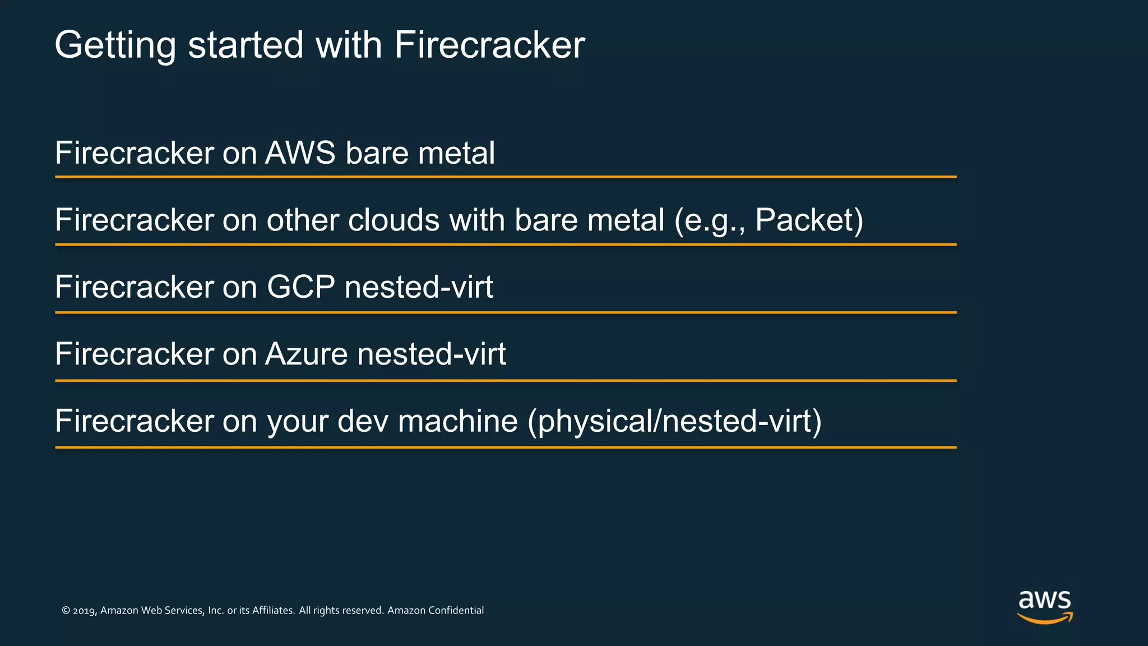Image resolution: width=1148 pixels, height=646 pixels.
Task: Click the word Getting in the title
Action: pos(115,45)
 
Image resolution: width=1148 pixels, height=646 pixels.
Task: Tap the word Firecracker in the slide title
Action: pos(489,45)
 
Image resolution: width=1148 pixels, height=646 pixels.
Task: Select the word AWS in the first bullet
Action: pos(300,153)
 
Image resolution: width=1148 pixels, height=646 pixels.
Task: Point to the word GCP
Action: pos(300,287)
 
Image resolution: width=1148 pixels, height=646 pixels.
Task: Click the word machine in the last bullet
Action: pos(457,421)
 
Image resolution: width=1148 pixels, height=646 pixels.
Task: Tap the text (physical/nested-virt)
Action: pos(674,421)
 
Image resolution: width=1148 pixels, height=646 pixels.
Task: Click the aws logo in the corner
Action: pos(1045,606)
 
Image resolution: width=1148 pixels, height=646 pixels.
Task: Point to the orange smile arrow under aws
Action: pos(1045,619)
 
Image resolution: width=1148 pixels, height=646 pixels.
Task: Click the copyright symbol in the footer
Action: pos(66,611)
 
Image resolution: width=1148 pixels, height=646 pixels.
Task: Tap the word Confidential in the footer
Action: pos(456,610)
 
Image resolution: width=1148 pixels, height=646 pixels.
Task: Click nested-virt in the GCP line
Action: pos(419,287)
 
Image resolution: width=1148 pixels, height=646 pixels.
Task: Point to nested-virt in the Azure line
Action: pos(432,354)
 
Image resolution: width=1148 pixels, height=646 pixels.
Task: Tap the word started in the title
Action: pos(246,45)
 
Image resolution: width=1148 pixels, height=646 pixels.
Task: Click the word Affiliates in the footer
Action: pos(273,610)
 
